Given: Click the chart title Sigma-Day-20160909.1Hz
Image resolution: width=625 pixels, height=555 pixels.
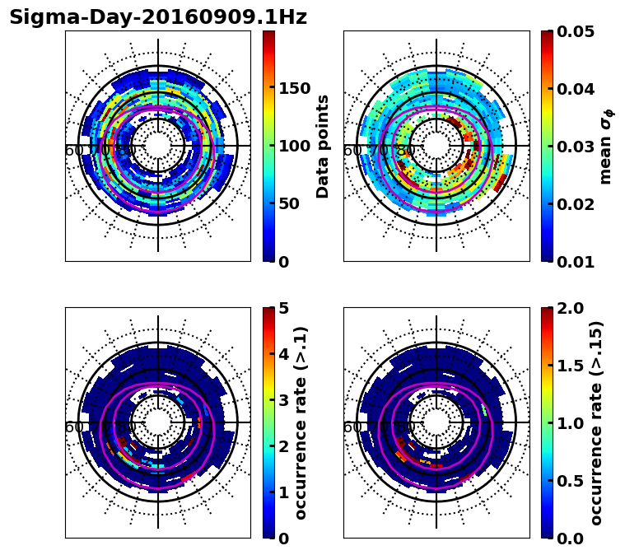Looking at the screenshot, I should (x=158, y=18).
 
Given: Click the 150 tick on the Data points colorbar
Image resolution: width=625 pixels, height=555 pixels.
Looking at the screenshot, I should (x=295, y=89).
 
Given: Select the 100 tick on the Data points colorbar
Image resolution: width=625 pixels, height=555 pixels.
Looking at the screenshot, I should (x=295, y=147).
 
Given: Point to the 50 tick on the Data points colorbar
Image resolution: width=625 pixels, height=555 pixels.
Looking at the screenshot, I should (x=290, y=204).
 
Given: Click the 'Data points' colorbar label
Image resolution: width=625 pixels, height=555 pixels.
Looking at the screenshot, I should (x=323, y=147).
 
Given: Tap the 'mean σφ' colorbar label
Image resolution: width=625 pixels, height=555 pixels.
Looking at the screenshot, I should (x=606, y=147).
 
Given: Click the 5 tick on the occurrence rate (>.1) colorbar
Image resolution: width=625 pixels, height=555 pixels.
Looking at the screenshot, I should (x=284, y=308).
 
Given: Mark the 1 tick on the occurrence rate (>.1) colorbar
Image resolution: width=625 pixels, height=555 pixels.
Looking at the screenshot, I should (x=284, y=492).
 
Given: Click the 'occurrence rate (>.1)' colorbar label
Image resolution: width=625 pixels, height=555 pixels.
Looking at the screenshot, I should (x=301, y=423).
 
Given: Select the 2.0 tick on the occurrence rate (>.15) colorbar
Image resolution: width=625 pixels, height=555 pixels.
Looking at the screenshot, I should (x=572, y=308).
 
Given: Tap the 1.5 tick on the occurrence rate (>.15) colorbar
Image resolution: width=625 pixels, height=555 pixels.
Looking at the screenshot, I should (x=572, y=366).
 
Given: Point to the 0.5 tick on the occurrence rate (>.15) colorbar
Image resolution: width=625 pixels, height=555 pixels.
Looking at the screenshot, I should (x=572, y=481).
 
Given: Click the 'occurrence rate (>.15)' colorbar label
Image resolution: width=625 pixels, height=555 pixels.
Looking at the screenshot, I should (x=596, y=423).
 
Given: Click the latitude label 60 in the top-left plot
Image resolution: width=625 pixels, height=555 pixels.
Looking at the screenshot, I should (x=73, y=151).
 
